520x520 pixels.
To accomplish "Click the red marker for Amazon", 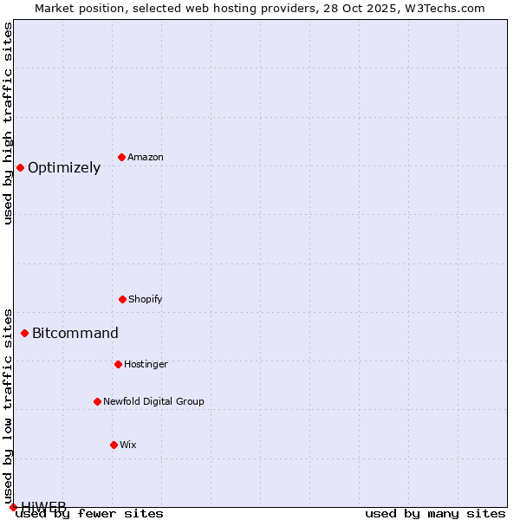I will (x=121, y=157).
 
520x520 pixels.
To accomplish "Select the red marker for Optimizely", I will (x=20, y=167).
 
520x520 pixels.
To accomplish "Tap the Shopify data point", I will (x=122, y=299).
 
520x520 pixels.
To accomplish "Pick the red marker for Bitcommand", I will (x=24, y=333).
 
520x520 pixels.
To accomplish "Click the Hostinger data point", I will (x=118, y=364).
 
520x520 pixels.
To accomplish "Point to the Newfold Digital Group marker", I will (x=97, y=401).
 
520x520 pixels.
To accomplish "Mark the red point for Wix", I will (x=114, y=445).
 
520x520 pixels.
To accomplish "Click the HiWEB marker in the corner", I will (x=13, y=507).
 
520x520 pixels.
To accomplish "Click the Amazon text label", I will (x=146, y=157).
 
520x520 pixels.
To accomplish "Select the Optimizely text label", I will (x=64, y=168).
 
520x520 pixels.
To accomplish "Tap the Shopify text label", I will (x=146, y=299).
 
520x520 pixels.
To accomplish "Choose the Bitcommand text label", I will (x=75, y=334).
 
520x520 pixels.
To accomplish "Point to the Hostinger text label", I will (x=146, y=364).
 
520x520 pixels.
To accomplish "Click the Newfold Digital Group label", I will (x=153, y=401).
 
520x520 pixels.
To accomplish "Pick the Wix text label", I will (x=128, y=445).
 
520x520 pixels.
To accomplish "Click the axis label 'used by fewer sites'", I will (x=89, y=513).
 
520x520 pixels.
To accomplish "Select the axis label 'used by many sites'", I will (x=435, y=513).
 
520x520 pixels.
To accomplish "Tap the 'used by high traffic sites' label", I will (x=8, y=122).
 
